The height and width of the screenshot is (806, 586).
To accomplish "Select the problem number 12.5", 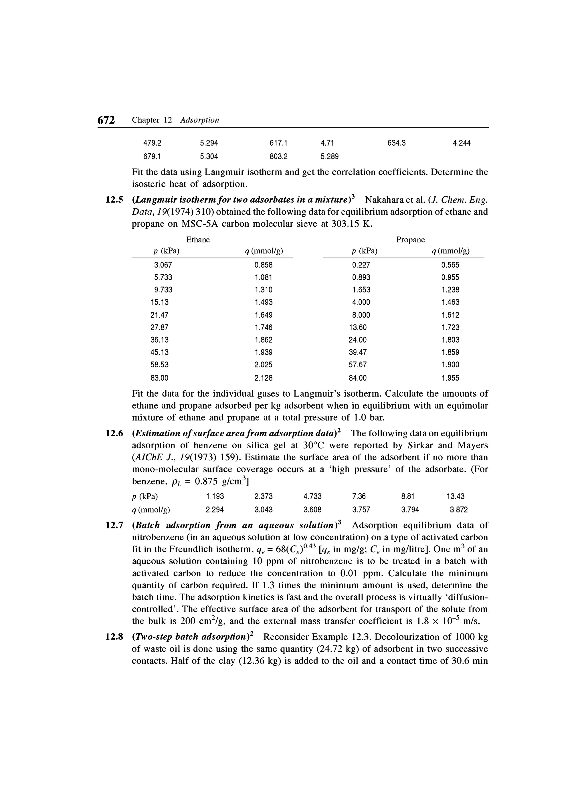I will [x=114, y=200].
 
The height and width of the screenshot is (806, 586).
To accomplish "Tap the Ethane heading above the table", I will [x=198, y=240].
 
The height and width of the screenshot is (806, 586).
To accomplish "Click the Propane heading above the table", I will [x=410, y=240].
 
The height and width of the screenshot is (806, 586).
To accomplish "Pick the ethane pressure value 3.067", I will [x=163, y=265].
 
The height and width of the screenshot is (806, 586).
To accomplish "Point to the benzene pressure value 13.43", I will [x=455, y=496].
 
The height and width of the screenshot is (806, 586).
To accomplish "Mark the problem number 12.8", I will [x=114, y=637].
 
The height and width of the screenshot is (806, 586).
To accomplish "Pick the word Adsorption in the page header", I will [x=199, y=120].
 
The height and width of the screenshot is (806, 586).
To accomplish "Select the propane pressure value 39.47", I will [x=357, y=352].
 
